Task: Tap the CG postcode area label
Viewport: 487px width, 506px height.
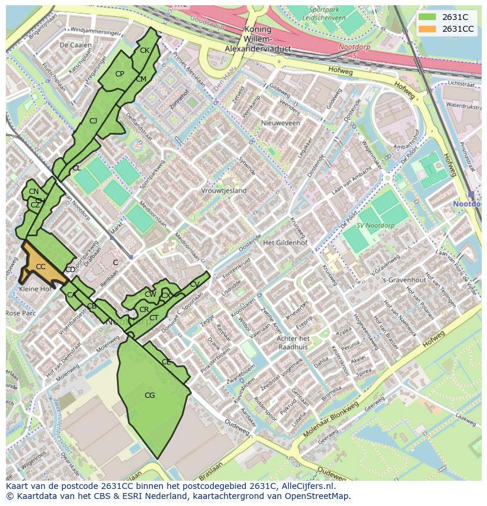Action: tap(150, 396)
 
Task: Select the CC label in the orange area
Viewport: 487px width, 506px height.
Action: tap(41, 267)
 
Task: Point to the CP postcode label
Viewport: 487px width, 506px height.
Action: tap(119, 74)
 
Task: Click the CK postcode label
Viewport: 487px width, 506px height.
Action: tap(145, 51)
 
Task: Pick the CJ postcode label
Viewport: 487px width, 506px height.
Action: tap(93, 121)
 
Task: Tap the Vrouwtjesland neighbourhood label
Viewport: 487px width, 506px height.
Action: tap(224, 191)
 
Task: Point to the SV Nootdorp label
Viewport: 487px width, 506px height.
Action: tap(376, 226)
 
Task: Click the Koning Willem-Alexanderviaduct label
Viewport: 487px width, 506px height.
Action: tap(258, 39)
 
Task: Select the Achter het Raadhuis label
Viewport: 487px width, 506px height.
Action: tap(293, 343)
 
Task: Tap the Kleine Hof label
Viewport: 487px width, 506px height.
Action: tap(35, 289)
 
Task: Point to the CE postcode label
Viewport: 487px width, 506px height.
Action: tap(166, 362)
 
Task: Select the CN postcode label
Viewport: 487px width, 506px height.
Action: tap(34, 192)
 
